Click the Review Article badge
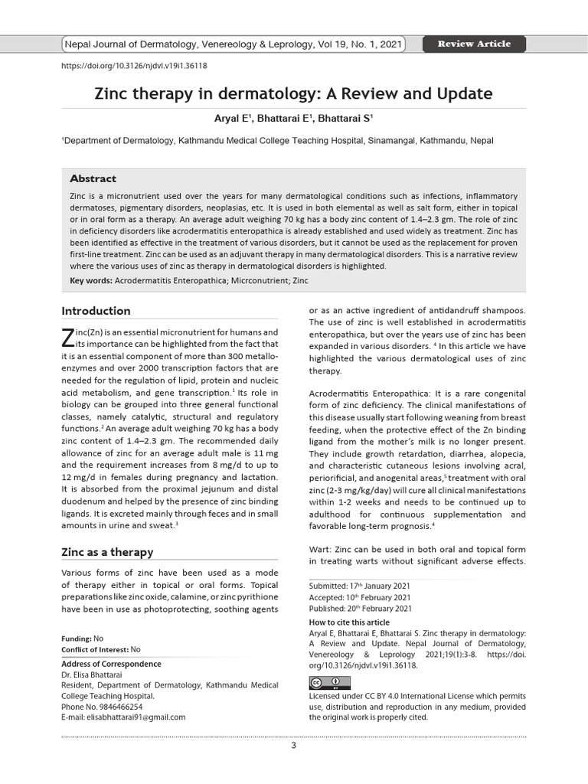click(x=473, y=44)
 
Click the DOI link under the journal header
click(x=133, y=66)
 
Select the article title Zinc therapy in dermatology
click(x=293, y=94)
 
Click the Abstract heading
click(x=93, y=178)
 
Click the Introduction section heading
click(x=96, y=311)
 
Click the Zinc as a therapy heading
click(x=106, y=552)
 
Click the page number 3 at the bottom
click(x=293, y=746)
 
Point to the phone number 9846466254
click(x=116, y=707)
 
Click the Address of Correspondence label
click(x=111, y=664)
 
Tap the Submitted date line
click(x=359, y=586)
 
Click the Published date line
click(x=360, y=609)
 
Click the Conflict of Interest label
click(x=95, y=649)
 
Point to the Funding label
click(x=76, y=639)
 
